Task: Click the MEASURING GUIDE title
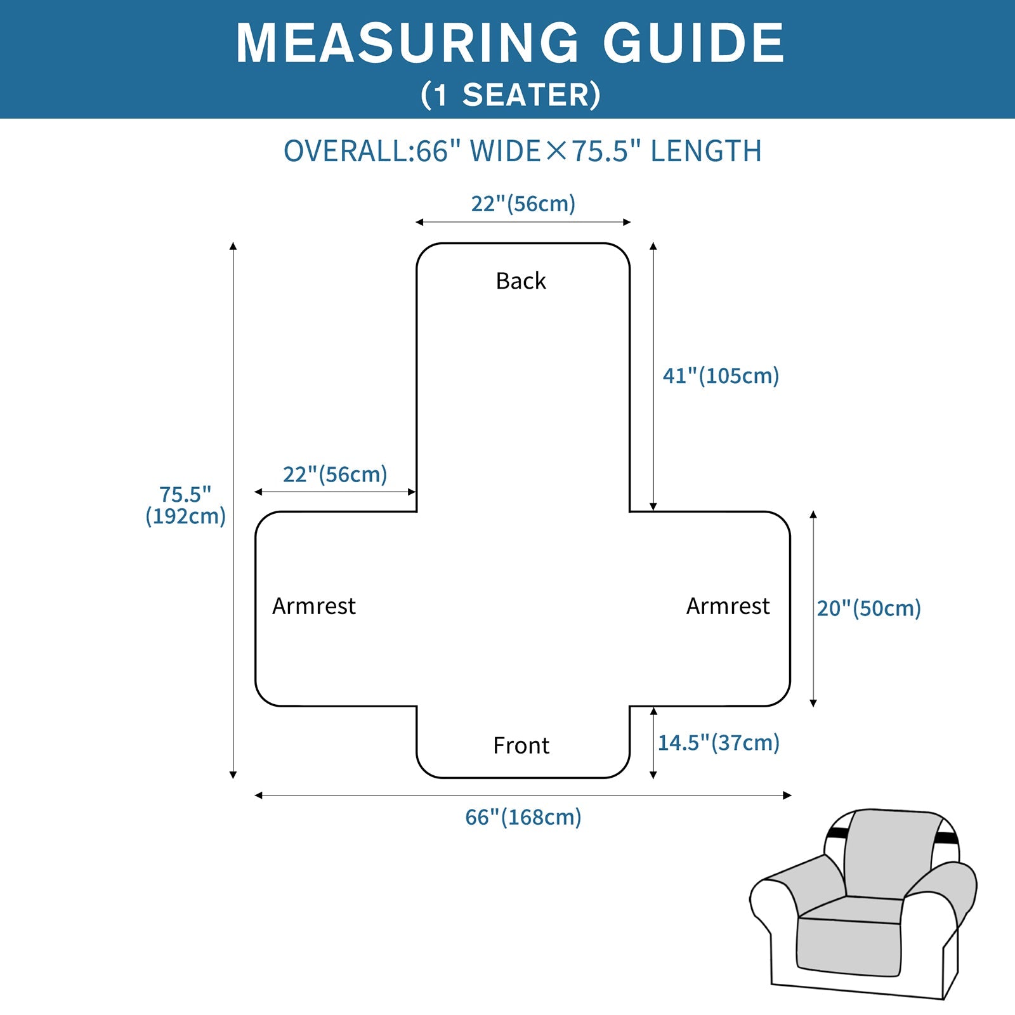coord(510,43)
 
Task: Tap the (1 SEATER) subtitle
coord(510,95)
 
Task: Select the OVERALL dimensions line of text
coord(521,151)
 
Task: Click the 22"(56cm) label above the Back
coord(523,204)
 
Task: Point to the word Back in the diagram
coord(520,280)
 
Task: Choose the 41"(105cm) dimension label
coord(721,376)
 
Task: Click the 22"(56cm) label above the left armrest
coord(334,474)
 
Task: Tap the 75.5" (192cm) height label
coord(185,505)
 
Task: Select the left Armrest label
coord(313,606)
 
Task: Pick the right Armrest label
coord(728,606)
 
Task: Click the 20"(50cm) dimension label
coord(868,608)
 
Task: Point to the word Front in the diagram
coord(521,745)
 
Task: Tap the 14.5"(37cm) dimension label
coord(718,742)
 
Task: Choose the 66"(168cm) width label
coord(523,816)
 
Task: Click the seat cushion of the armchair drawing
coord(850,910)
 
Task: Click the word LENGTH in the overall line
coord(705,151)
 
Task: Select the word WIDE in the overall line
coord(505,151)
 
